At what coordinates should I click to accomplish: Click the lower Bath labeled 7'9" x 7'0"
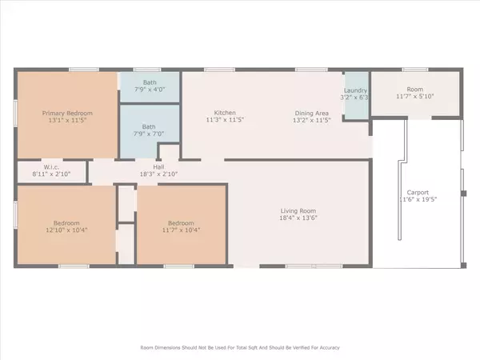(150, 130)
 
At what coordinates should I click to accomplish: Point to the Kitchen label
(224, 113)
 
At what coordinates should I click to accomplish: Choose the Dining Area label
(313, 113)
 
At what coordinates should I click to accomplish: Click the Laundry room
(355, 95)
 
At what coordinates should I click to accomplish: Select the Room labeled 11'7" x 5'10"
(415, 93)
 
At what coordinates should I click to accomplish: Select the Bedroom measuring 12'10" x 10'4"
(66, 226)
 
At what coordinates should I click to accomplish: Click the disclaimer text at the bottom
(240, 348)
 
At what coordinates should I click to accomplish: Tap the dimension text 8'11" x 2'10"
(51, 174)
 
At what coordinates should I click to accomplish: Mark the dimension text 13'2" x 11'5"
(313, 122)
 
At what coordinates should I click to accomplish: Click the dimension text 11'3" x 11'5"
(224, 122)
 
